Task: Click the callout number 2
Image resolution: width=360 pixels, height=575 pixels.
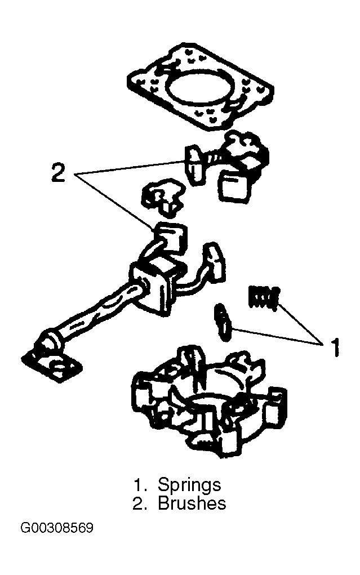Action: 59,172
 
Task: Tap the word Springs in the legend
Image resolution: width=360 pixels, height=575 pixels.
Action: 189,485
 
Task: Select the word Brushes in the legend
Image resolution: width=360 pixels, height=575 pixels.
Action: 192,503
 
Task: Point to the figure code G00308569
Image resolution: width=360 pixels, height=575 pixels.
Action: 57,528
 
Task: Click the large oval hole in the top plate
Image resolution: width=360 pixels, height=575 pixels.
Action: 200,88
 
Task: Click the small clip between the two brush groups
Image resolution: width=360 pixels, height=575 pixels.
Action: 162,196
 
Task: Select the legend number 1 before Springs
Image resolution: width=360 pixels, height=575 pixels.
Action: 140,485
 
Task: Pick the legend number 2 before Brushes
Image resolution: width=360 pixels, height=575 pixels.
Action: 140,503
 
